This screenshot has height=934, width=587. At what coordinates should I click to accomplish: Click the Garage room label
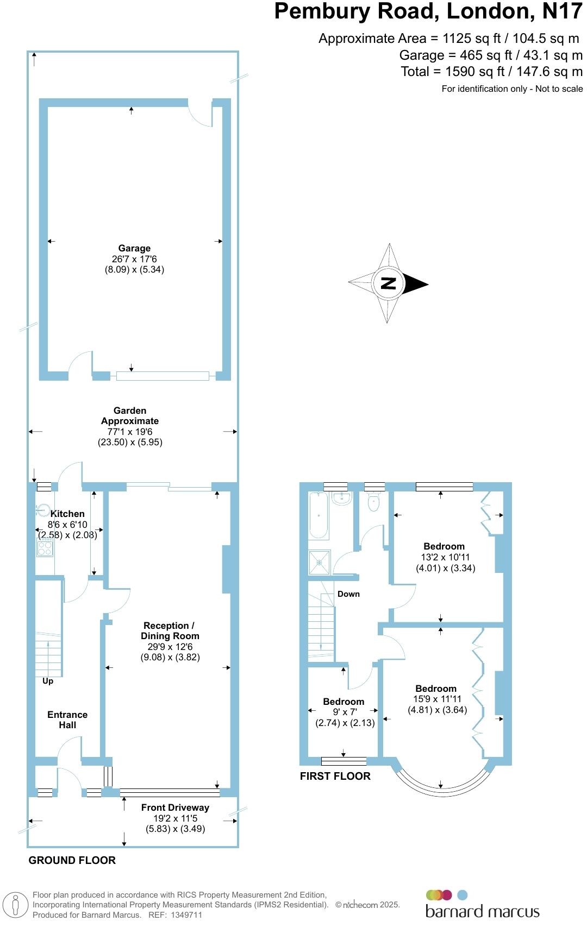click(134, 248)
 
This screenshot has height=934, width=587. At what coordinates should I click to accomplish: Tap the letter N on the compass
click(388, 283)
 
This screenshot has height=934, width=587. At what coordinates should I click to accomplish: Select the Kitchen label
click(67, 514)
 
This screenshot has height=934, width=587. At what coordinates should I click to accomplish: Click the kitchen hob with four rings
click(45, 547)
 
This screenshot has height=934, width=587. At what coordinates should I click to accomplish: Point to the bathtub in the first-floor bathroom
click(319, 515)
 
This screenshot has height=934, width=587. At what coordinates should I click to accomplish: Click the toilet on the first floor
click(373, 502)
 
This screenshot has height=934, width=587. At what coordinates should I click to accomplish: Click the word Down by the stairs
click(348, 594)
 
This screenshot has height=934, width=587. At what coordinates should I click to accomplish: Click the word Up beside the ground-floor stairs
click(48, 681)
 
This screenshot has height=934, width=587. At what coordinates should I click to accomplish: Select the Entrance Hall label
click(67, 720)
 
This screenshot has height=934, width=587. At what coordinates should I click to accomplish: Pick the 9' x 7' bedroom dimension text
click(345, 712)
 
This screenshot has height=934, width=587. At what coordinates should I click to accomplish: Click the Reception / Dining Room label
click(170, 630)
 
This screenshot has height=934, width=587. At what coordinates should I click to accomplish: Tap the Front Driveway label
click(175, 807)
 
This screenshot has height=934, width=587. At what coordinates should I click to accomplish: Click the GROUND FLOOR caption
click(72, 860)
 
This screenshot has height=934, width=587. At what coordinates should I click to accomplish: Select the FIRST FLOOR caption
click(335, 776)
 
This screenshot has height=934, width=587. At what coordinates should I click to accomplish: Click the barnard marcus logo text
click(482, 911)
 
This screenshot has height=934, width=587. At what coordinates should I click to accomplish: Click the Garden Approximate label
click(130, 415)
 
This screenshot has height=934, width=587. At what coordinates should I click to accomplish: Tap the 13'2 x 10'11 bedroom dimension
click(445, 557)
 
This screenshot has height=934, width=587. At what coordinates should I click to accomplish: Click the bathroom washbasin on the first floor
click(342, 498)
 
